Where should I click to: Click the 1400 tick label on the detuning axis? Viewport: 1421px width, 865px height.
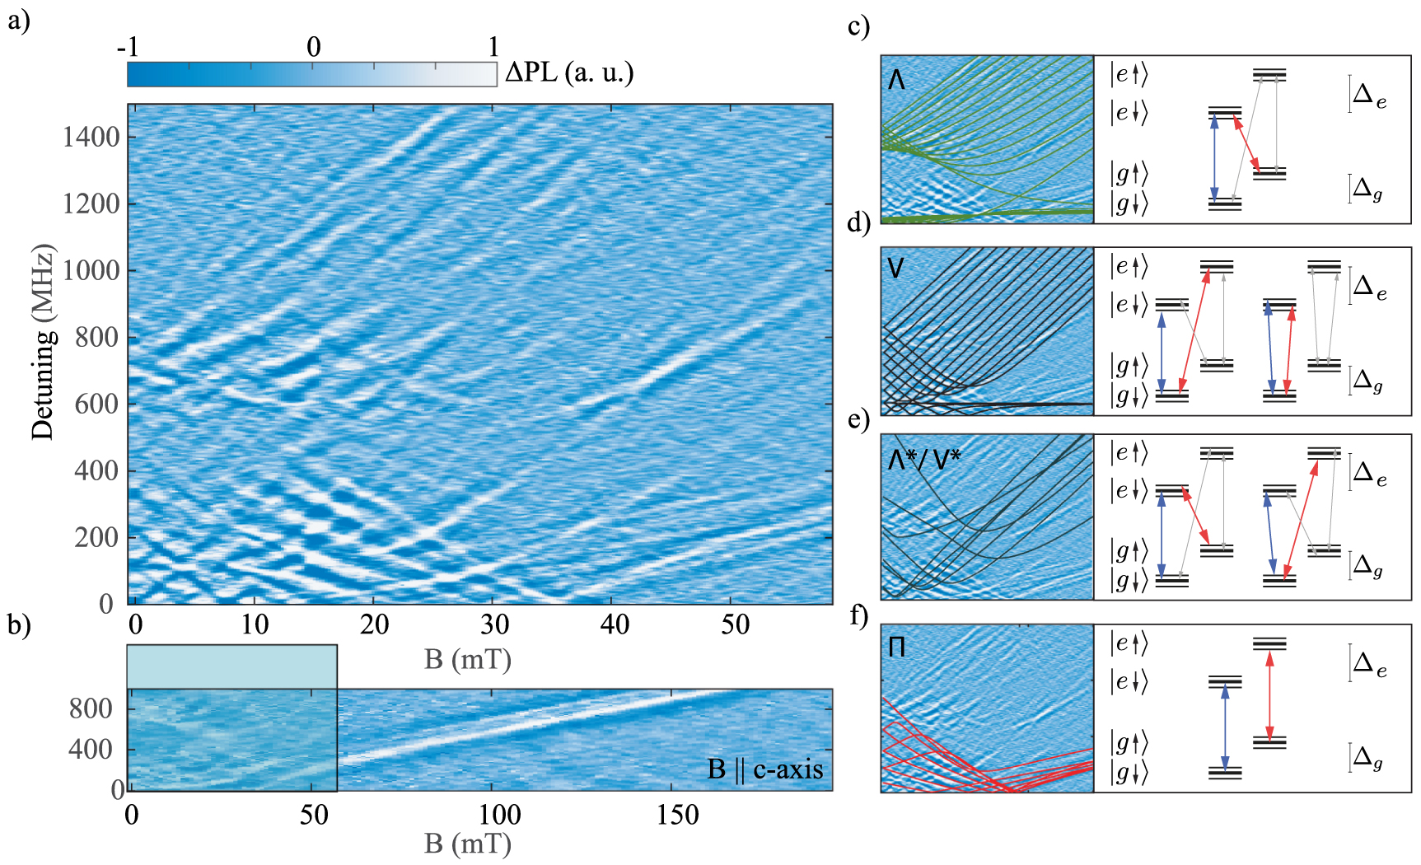click(x=91, y=137)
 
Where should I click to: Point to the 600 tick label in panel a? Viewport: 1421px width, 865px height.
click(x=96, y=404)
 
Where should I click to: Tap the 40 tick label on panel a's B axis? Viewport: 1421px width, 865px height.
click(x=615, y=624)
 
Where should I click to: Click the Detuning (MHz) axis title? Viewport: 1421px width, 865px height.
click(x=43, y=341)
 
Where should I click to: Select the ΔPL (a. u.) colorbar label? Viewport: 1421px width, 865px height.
click(x=569, y=72)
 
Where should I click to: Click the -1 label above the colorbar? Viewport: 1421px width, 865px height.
click(x=128, y=47)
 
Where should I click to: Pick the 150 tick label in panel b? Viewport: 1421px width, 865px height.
click(x=677, y=815)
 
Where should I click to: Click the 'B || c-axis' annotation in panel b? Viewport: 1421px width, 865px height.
click(x=765, y=769)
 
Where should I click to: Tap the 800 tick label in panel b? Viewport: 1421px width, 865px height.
click(x=91, y=708)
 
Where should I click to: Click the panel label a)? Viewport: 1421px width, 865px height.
click(x=18, y=20)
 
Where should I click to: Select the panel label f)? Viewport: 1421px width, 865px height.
click(x=858, y=615)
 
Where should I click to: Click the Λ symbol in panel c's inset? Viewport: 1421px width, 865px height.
click(x=897, y=80)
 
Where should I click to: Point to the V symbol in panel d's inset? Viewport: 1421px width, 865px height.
click(x=896, y=268)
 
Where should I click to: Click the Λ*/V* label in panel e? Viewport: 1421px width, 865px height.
click(x=924, y=458)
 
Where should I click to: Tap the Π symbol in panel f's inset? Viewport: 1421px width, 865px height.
click(x=897, y=647)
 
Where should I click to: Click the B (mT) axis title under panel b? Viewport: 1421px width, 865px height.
click(x=468, y=844)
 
